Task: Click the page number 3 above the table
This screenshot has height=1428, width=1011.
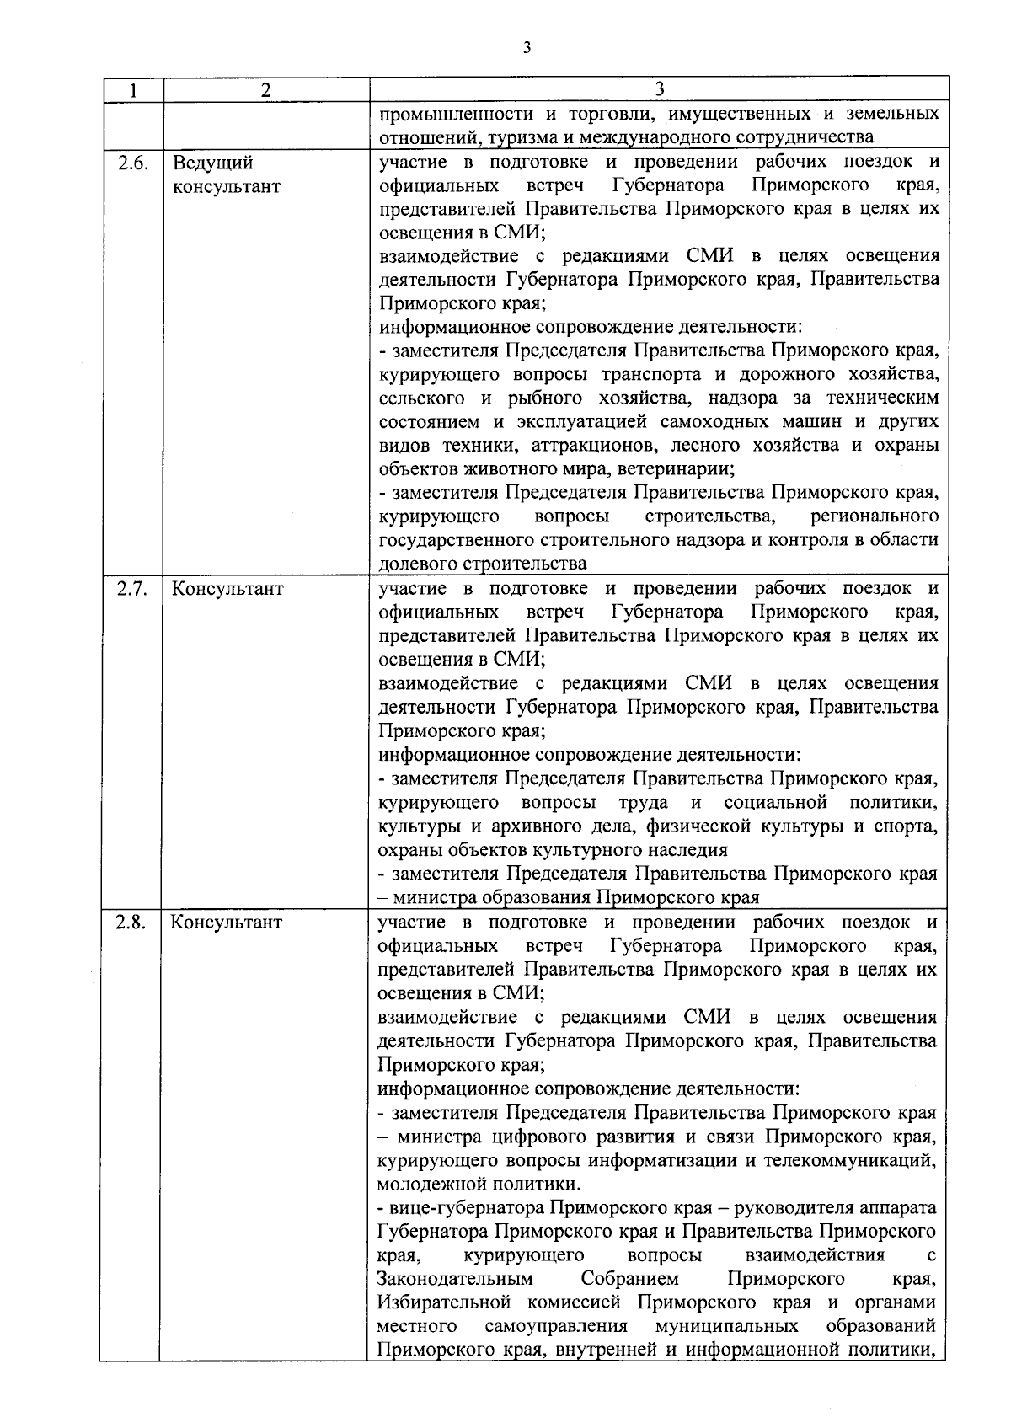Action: [x=527, y=48]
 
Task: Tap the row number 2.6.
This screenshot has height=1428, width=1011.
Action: [x=131, y=163]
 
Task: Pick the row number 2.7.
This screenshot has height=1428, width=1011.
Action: [x=131, y=589]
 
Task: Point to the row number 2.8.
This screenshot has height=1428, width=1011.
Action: [x=131, y=922]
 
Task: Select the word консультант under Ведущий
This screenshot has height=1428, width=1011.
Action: [x=226, y=186]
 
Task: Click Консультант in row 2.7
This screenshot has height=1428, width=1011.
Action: [x=227, y=589]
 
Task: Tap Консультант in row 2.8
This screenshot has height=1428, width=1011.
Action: [x=227, y=922]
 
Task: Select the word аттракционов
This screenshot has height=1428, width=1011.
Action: [x=600, y=445]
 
